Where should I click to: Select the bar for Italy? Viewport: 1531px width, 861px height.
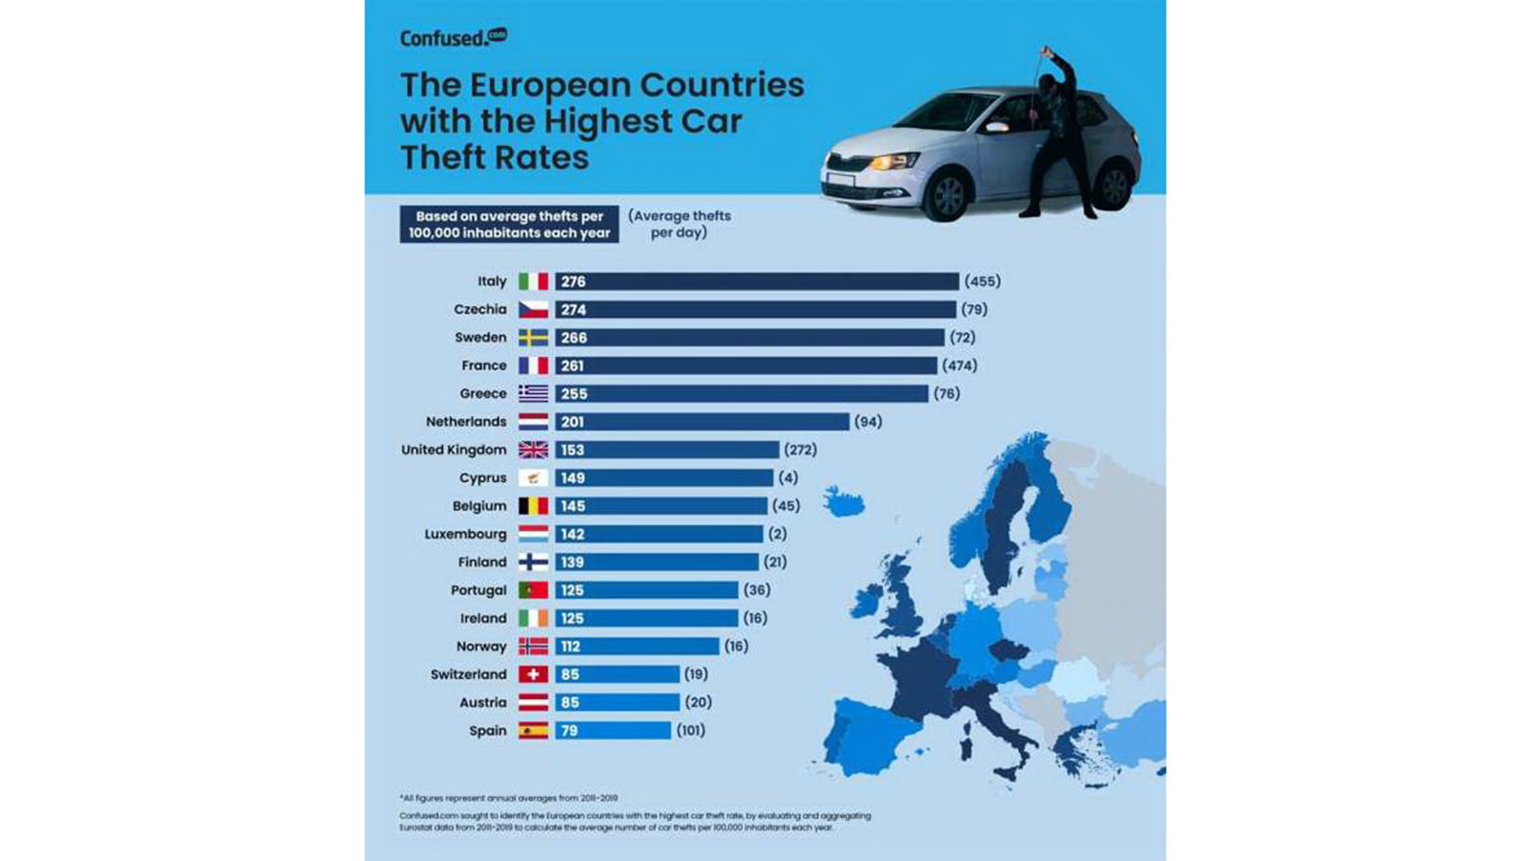(x=756, y=281)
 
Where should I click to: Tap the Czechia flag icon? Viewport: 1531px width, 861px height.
(x=533, y=309)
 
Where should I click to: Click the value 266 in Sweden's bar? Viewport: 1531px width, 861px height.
(x=574, y=338)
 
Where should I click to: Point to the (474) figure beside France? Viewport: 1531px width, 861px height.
(x=960, y=365)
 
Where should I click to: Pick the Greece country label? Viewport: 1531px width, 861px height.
(x=482, y=393)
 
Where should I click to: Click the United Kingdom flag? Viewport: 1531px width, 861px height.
(x=533, y=450)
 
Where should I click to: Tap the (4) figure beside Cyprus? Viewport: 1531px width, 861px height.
(x=788, y=477)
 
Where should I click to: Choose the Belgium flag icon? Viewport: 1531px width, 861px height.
(x=533, y=506)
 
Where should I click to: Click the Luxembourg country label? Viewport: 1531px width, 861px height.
(x=465, y=534)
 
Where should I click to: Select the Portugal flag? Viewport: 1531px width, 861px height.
(x=533, y=590)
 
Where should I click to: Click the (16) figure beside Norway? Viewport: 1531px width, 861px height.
(x=736, y=646)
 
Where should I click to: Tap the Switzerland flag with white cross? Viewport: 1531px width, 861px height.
(x=533, y=674)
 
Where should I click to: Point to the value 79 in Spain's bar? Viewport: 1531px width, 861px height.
(x=569, y=731)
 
